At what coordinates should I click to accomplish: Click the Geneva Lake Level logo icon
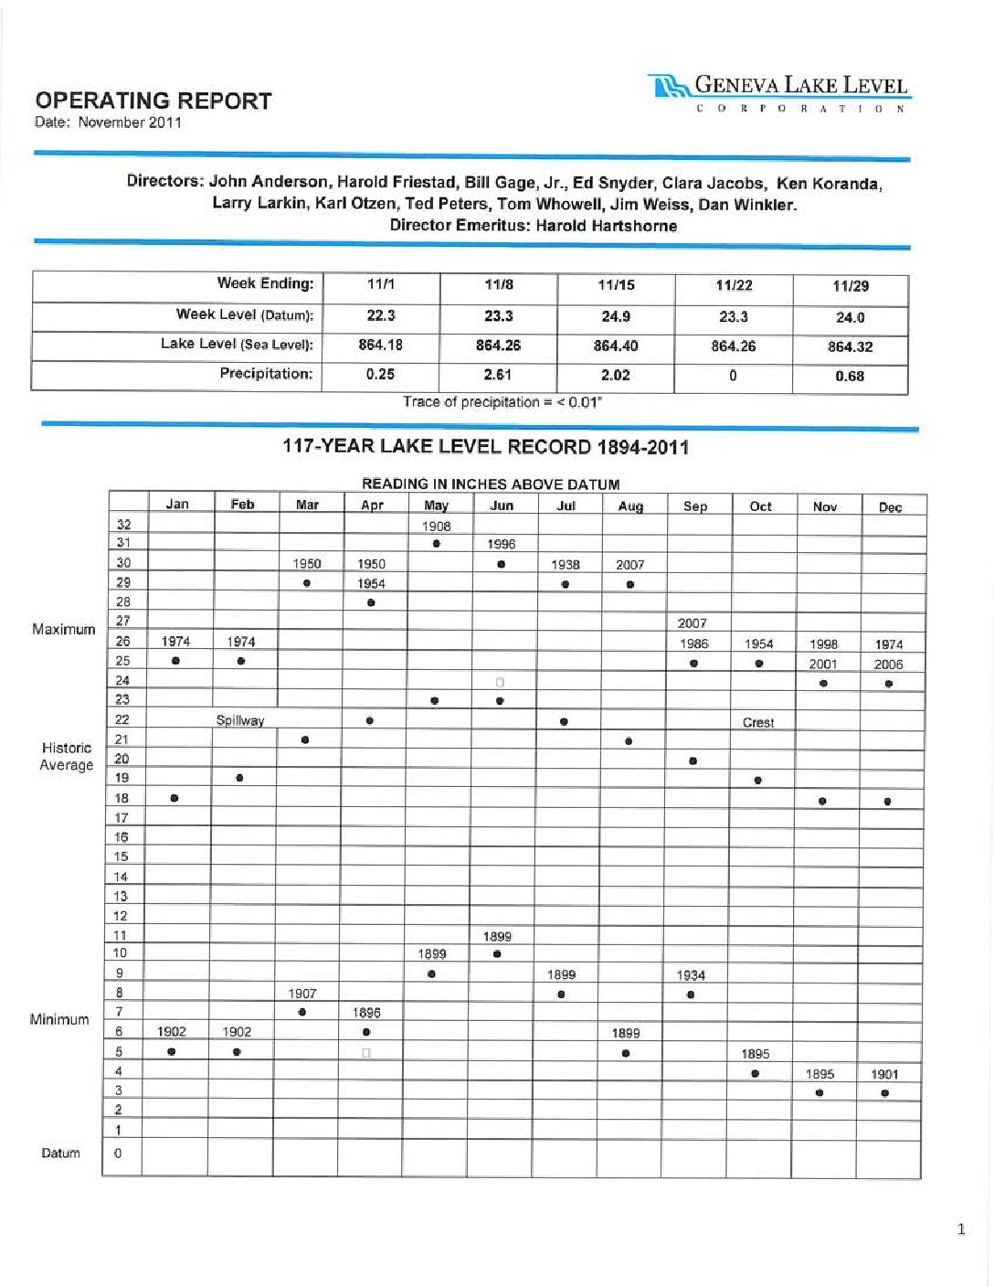pyautogui.click(x=669, y=87)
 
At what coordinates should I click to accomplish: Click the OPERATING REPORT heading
pyautogui.click(x=153, y=101)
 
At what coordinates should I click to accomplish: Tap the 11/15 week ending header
pyautogui.click(x=616, y=285)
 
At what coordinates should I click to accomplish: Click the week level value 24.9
pyautogui.click(x=616, y=316)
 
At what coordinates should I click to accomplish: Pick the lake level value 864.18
pyautogui.click(x=380, y=346)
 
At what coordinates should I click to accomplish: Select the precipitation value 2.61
pyautogui.click(x=498, y=375)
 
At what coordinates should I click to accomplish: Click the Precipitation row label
pyautogui.click(x=266, y=374)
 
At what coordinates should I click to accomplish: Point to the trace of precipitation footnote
pyautogui.click(x=502, y=402)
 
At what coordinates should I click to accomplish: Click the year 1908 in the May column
pyautogui.click(x=436, y=526)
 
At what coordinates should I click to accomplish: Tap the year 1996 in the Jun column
pyautogui.click(x=501, y=544)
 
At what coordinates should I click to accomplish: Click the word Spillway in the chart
pyautogui.click(x=240, y=720)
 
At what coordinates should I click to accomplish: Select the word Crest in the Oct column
pyautogui.click(x=758, y=722)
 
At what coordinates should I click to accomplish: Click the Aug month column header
pyautogui.click(x=630, y=506)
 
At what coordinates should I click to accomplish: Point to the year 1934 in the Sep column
pyautogui.click(x=691, y=975)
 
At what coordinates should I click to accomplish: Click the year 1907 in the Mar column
pyautogui.click(x=302, y=993)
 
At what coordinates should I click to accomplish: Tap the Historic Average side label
pyautogui.click(x=66, y=757)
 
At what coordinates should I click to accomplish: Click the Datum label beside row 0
pyautogui.click(x=60, y=1154)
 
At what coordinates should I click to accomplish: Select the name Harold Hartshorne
pyautogui.click(x=607, y=226)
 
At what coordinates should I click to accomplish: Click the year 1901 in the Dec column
pyautogui.click(x=884, y=1074)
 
